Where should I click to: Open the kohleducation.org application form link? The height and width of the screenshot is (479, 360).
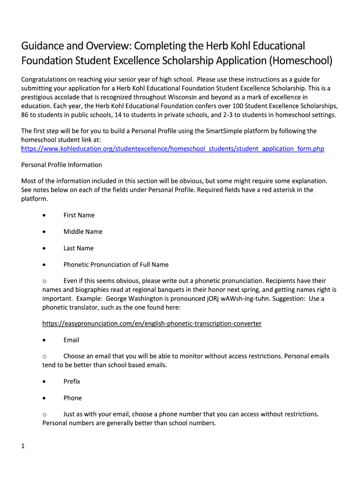pos(173,149)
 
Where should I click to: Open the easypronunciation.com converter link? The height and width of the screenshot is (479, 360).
pos(152,324)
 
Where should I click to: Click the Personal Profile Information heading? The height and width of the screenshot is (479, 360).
pos(62,165)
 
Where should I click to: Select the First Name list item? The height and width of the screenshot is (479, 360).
pos(79,215)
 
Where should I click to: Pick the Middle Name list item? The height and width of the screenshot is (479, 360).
pos(83,232)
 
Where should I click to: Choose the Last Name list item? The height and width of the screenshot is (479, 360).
pos(79,248)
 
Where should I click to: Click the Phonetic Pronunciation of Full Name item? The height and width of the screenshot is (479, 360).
pos(116,265)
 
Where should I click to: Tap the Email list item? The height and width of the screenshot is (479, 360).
pos(72,340)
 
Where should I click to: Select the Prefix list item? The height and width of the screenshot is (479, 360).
pos(72,381)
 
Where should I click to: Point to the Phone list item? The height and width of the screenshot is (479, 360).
pos(72,398)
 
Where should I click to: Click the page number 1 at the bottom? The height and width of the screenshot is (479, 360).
pos(23,446)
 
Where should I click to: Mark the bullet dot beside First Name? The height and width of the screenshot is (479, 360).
pos(43,215)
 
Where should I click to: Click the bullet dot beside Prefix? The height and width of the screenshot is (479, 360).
pos(43,381)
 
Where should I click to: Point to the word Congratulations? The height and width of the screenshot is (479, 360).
pos(45,80)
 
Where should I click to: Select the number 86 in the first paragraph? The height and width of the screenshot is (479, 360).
pos(26,115)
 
